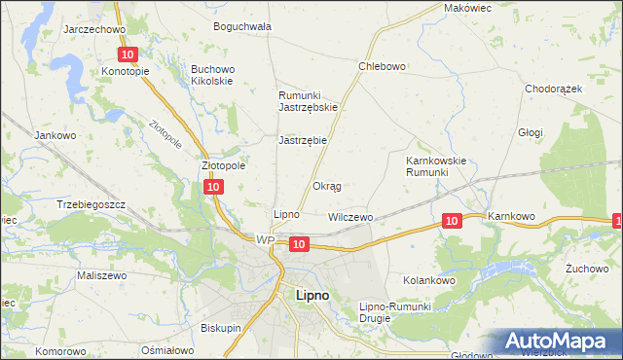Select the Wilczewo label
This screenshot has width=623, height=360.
(x=351, y=217)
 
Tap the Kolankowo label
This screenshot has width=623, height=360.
(x=429, y=280)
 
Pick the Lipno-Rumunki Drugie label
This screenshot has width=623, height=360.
(x=389, y=311)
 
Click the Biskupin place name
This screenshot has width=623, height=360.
(x=221, y=328)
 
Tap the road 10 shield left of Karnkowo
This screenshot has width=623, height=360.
(x=450, y=222)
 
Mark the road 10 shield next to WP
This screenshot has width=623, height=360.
(x=299, y=244)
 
